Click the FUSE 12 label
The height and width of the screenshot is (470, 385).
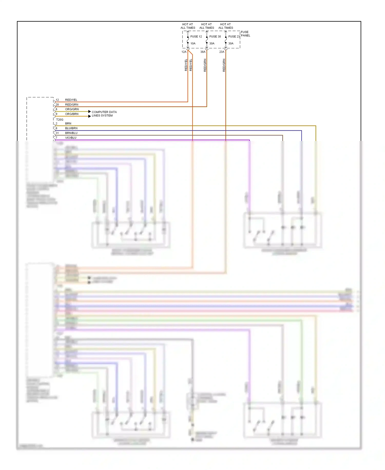click(196, 37)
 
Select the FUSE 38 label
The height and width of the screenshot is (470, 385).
click(215, 37)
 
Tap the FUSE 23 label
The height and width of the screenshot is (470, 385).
click(234, 37)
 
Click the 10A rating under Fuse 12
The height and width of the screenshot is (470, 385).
click(193, 43)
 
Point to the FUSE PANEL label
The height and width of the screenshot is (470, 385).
click(245, 34)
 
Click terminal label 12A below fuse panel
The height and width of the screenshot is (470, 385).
click(184, 52)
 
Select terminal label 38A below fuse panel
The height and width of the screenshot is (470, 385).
click(203, 52)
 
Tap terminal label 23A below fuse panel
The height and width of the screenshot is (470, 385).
click(222, 52)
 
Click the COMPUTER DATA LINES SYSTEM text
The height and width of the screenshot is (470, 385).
click(104, 114)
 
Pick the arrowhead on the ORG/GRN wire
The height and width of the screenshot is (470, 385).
click(90, 111)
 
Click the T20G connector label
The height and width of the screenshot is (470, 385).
click(60, 120)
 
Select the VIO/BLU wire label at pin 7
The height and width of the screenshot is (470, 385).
click(71, 138)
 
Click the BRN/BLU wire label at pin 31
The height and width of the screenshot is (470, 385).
click(71, 133)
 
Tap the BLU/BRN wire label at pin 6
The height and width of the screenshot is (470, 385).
click(71, 128)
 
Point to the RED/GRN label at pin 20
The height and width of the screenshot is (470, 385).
click(72, 105)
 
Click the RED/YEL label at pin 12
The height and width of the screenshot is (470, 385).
click(71, 100)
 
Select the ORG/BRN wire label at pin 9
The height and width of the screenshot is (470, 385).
click(72, 114)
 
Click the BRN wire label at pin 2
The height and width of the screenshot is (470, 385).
click(68, 123)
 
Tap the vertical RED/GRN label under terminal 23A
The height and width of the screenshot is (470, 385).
click(224, 65)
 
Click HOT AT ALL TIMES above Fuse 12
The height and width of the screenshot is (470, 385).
click(188, 26)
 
